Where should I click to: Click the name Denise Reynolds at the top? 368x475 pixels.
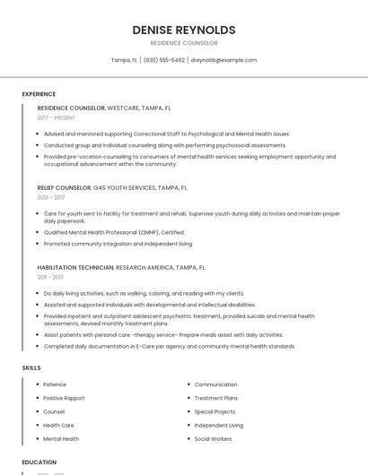click(184, 30)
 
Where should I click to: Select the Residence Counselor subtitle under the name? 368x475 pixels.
click(184, 43)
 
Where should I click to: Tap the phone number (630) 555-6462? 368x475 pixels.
click(164, 60)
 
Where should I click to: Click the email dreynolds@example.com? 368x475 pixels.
click(223, 60)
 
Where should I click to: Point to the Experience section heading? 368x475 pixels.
click(39, 94)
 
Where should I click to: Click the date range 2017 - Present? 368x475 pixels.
click(56, 117)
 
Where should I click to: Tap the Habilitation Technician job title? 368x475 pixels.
click(75, 267)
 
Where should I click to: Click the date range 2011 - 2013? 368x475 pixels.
click(50, 277)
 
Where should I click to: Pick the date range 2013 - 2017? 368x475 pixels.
click(51, 197)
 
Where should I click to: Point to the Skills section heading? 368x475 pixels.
click(31, 368)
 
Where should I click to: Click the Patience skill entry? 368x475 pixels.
click(55, 384)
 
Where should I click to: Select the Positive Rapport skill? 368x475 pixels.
click(64, 398)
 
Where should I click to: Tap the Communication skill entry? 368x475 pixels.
click(215, 384)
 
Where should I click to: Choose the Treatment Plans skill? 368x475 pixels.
click(215, 398)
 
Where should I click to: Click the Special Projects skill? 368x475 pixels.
click(216, 411)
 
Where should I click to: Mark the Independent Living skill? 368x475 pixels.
click(218, 425)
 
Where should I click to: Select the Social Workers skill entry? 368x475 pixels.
click(213, 439)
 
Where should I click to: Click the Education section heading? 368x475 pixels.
click(39, 462)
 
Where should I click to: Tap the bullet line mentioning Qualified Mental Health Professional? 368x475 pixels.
click(114, 232)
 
